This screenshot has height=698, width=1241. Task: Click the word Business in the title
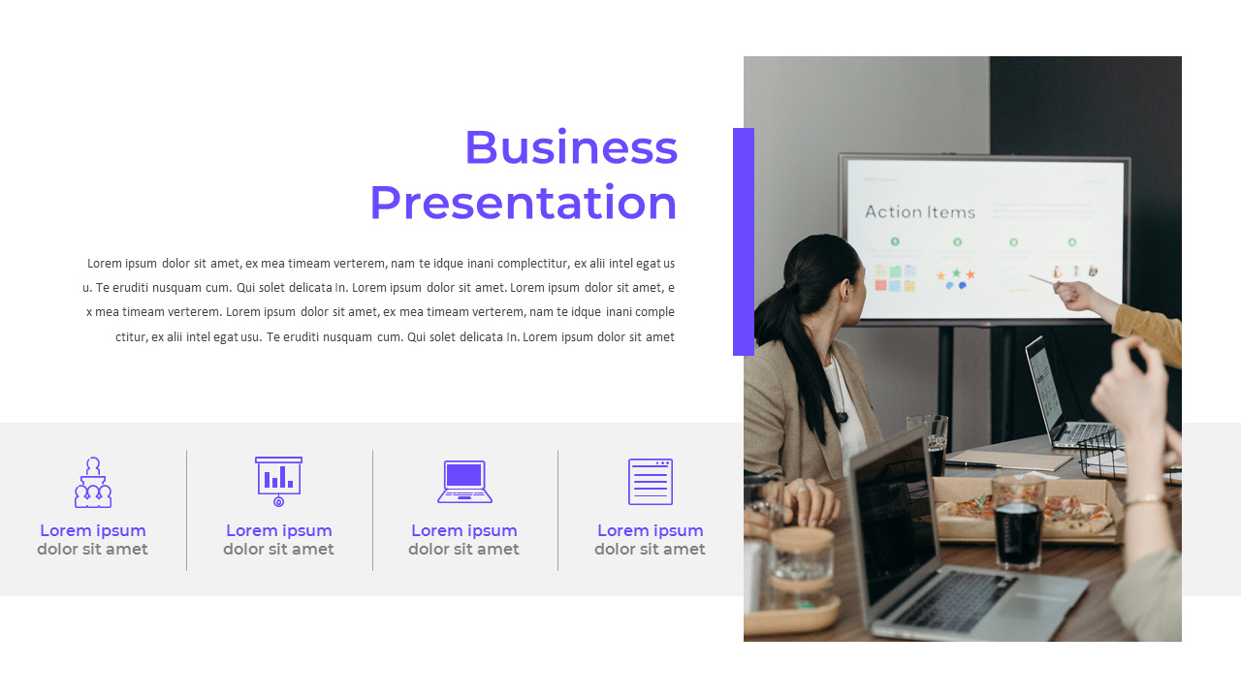tap(570, 148)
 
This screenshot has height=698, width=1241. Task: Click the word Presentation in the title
tap(523, 204)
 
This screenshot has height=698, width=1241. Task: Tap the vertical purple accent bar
tap(744, 241)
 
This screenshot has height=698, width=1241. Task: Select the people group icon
tap(93, 483)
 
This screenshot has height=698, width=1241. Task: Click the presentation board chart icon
tap(278, 481)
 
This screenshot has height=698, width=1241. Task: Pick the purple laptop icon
tap(464, 482)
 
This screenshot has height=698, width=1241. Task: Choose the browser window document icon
tap(650, 482)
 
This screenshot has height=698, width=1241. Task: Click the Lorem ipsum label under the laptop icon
tap(464, 530)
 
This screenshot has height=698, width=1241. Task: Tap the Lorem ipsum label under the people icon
tap(93, 530)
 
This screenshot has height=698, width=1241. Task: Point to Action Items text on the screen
tap(919, 211)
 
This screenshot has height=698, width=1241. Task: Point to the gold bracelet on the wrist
tap(1144, 499)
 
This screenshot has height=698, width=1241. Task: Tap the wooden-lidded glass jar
tap(801, 567)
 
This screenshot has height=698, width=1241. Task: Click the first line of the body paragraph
tap(381, 263)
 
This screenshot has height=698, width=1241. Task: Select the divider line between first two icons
tap(186, 510)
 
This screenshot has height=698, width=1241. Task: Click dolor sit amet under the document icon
tap(650, 550)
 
